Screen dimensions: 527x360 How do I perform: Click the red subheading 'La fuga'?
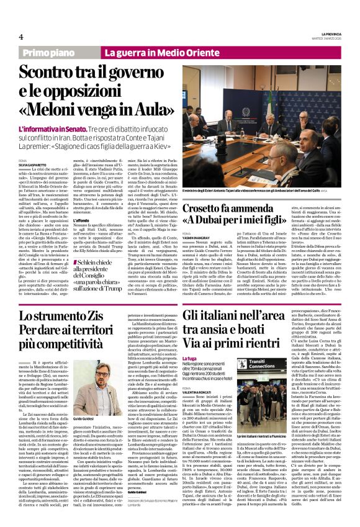coord(191,359)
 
